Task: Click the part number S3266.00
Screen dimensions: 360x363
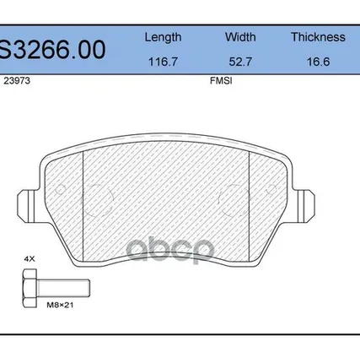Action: (x=53, y=50)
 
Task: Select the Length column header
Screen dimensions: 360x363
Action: (x=163, y=37)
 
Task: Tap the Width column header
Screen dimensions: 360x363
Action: (x=240, y=37)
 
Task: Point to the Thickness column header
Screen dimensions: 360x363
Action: (x=318, y=37)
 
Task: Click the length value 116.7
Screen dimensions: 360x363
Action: (x=163, y=62)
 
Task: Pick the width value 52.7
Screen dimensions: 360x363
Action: (x=240, y=62)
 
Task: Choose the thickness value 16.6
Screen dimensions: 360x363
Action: (x=318, y=62)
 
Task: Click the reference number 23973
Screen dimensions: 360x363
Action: (x=17, y=81)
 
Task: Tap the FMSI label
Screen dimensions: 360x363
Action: (x=221, y=81)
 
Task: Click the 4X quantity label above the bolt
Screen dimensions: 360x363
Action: (x=30, y=259)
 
